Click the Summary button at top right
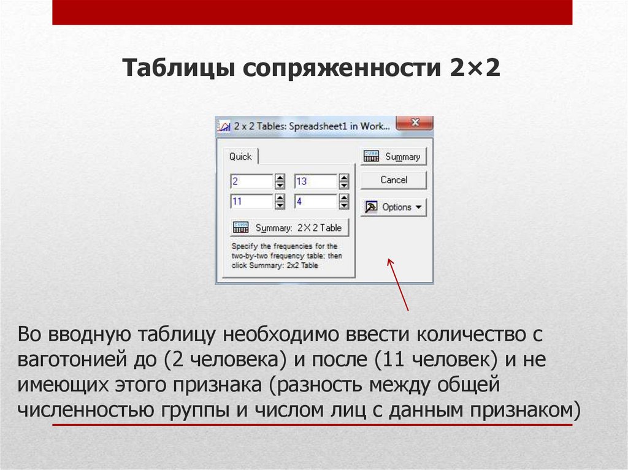coord(392,157)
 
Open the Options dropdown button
coord(393,207)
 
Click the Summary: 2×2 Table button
coord(289,228)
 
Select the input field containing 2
coord(251,181)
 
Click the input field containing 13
coord(315,181)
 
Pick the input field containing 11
coord(251,201)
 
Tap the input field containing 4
coord(315,201)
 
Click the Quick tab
coord(240,157)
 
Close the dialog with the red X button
coord(415,123)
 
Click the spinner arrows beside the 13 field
coord(344,181)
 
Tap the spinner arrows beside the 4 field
coord(344,201)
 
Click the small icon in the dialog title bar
coord(224,126)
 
